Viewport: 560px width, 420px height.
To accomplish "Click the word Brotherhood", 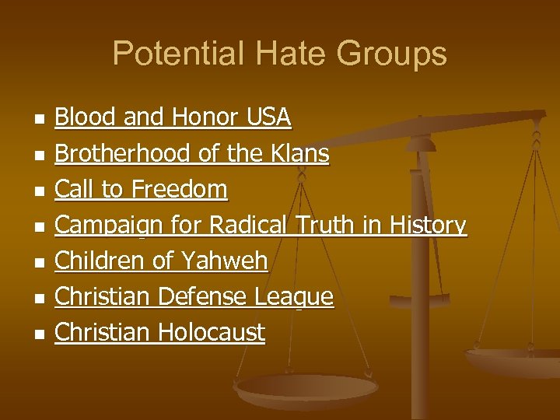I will tap(124, 153).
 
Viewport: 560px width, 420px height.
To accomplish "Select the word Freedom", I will tap(179, 189).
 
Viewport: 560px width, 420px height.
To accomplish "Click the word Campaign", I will tap(104, 226).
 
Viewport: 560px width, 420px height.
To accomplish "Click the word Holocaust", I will tap(211, 333).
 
